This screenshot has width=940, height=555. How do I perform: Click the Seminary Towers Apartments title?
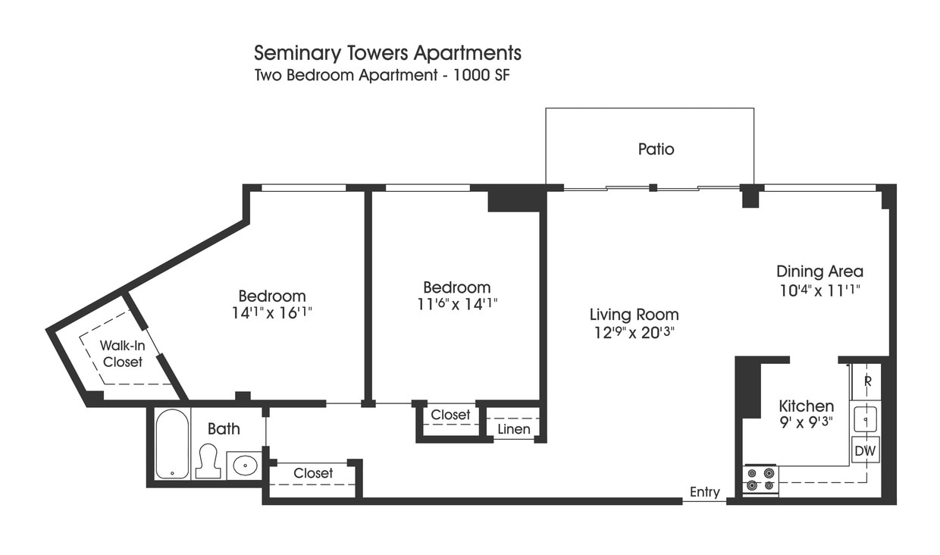387,53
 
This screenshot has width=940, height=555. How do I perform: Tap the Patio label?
656,149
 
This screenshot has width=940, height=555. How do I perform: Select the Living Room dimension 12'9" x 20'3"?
634,332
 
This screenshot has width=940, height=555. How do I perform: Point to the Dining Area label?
819,271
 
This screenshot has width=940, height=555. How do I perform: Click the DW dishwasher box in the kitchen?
865,451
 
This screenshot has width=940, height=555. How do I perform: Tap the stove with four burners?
760,480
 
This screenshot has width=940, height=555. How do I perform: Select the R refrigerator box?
866,381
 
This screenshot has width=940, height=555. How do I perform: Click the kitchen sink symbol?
865,419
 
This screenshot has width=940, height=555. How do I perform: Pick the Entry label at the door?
704,493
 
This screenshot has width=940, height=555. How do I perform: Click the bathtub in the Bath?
172,444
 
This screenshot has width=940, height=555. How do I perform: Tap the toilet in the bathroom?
208,461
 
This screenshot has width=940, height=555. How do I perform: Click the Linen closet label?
513,430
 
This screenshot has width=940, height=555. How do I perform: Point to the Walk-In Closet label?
123,354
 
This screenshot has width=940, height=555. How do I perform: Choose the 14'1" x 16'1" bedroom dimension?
272,312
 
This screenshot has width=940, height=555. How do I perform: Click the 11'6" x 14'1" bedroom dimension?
456,303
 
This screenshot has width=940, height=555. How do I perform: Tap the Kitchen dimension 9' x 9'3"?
806,422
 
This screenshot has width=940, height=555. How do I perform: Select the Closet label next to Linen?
450,415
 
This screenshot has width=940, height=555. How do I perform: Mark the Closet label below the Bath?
313,473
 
